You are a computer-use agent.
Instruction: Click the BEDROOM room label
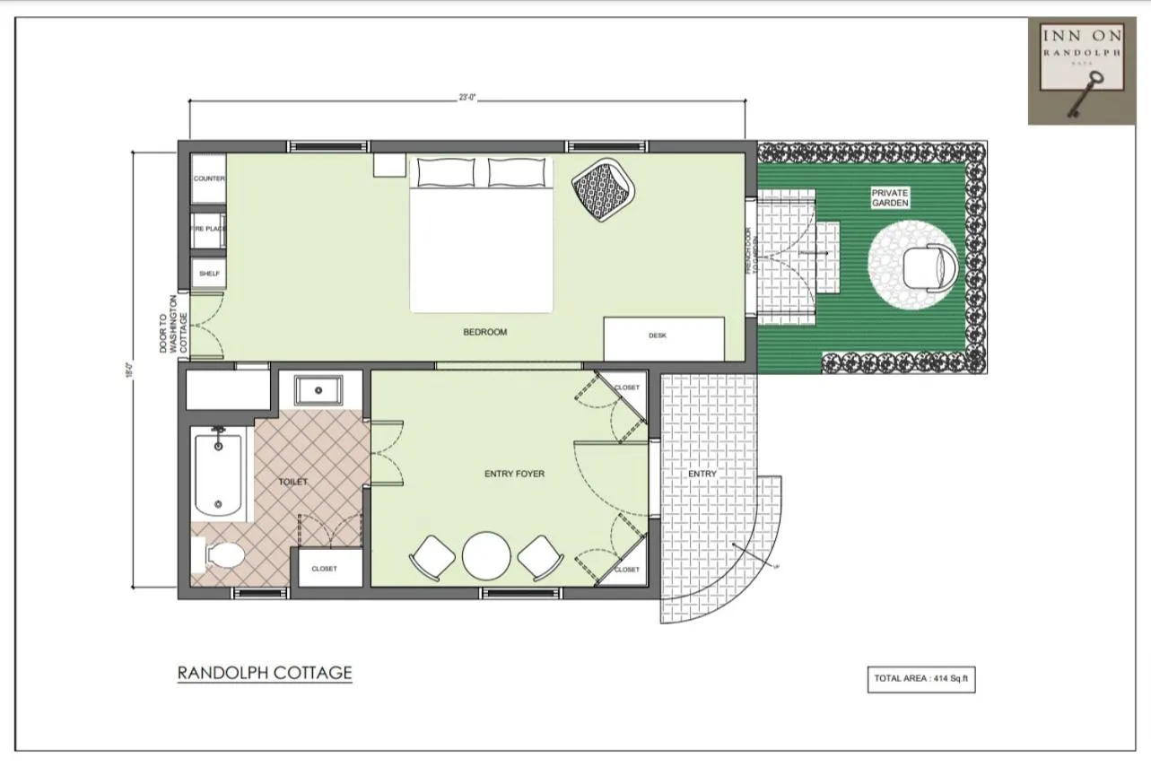(x=484, y=332)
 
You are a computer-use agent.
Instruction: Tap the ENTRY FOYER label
(x=514, y=474)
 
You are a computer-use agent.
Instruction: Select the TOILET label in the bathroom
(x=292, y=482)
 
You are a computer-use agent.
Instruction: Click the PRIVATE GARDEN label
(x=890, y=198)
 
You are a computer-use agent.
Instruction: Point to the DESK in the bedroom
(x=663, y=337)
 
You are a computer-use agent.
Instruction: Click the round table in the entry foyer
(x=486, y=556)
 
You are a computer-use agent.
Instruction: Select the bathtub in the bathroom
(x=218, y=474)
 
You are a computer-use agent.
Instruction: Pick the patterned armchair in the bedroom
(x=604, y=188)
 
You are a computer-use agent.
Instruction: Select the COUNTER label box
(x=208, y=179)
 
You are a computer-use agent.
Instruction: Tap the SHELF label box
(x=208, y=273)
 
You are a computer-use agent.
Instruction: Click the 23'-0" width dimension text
(x=467, y=97)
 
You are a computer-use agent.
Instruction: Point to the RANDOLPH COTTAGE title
(x=265, y=672)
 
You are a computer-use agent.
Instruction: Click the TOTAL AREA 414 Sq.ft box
(x=920, y=678)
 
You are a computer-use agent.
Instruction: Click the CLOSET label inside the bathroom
(x=324, y=569)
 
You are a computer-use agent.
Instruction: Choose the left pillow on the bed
(x=445, y=172)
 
